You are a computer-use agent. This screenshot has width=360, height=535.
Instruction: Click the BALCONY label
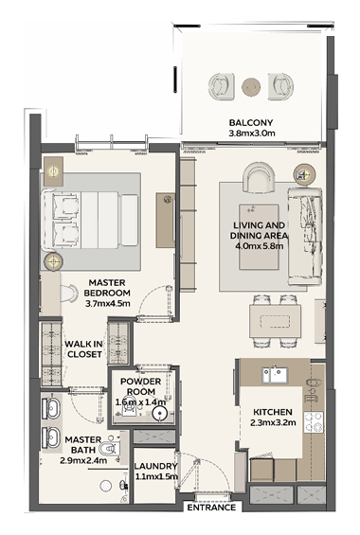click(x=251, y=122)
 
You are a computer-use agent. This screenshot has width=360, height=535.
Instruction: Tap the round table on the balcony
click(x=251, y=87)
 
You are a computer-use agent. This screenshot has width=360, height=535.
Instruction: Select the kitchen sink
click(x=275, y=375)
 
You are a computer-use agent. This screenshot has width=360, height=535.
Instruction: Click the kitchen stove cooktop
click(x=314, y=422)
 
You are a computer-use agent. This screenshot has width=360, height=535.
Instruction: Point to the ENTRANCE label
click(x=211, y=508)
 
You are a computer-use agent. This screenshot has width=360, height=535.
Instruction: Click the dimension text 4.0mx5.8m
click(x=259, y=245)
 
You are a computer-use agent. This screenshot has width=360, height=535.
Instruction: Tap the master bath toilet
click(x=109, y=448)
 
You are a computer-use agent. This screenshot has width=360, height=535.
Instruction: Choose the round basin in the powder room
click(x=159, y=414)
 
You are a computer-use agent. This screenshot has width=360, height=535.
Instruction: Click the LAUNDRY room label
click(x=155, y=466)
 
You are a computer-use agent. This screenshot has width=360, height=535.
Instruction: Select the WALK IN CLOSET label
click(x=84, y=349)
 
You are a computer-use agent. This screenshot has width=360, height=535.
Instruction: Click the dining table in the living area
click(x=275, y=321)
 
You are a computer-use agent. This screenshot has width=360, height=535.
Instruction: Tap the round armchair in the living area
click(x=259, y=177)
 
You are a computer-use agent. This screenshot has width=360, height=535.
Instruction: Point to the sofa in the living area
click(x=305, y=236)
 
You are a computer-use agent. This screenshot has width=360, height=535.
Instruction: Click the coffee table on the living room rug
click(x=259, y=237)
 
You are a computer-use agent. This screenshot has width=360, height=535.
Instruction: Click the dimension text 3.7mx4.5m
click(x=107, y=303)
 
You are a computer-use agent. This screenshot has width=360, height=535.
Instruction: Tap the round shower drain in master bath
click(x=106, y=486)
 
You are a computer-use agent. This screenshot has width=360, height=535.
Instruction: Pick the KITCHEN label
click(x=273, y=412)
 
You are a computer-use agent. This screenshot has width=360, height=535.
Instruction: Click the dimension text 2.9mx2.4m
click(x=83, y=460)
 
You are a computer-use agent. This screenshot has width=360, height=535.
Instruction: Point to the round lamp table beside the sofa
click(x=304, y=175)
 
